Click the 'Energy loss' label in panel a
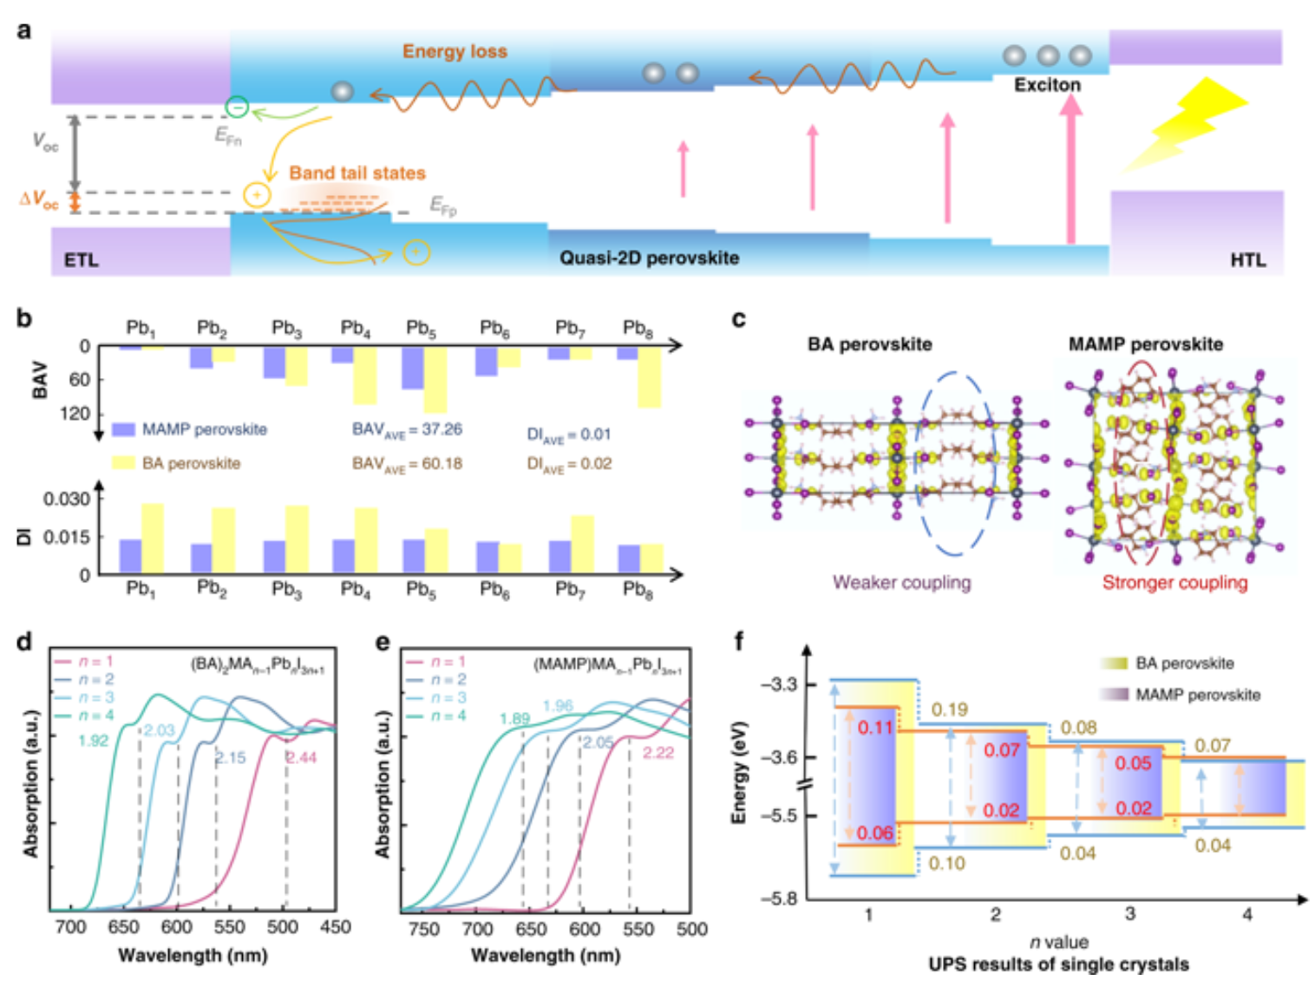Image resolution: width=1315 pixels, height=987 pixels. (x=455, y=51)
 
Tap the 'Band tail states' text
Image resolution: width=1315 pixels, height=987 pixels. (x=357, y=173)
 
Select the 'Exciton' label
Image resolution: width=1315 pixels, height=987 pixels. (x=1047, y=85)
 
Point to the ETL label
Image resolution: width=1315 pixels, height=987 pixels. (x=81, y=259)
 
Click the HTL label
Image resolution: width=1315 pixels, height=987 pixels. (x=1247, y=259)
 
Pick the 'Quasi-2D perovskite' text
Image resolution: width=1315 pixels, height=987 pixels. (x=649, y=258)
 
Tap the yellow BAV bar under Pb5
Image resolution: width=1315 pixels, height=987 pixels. (x=435, y=379)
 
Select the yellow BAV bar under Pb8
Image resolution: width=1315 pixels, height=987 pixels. (x=649, y=376)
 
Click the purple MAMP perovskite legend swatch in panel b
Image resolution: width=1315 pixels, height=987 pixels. (x=123, y=429)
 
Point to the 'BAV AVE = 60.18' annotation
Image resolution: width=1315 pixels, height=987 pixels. (x=407, y=463)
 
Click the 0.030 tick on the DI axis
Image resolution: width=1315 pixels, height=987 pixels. (x=67, y=499)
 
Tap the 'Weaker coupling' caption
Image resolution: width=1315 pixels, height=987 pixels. (x=901, y=582)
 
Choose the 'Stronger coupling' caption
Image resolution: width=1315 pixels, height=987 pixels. (x=1174, y=582)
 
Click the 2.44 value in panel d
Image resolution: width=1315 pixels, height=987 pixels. (x=301, y=757)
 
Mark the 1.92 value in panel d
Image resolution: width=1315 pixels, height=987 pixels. (x=93, y=740)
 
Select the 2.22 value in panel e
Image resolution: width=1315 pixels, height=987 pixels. (x=657, y=752)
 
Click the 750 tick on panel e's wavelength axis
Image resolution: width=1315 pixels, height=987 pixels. (x=424, y=929)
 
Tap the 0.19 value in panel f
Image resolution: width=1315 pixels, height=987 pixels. (x=949, y=709)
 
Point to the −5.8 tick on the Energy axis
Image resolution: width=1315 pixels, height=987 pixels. (x=779, y=899)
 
